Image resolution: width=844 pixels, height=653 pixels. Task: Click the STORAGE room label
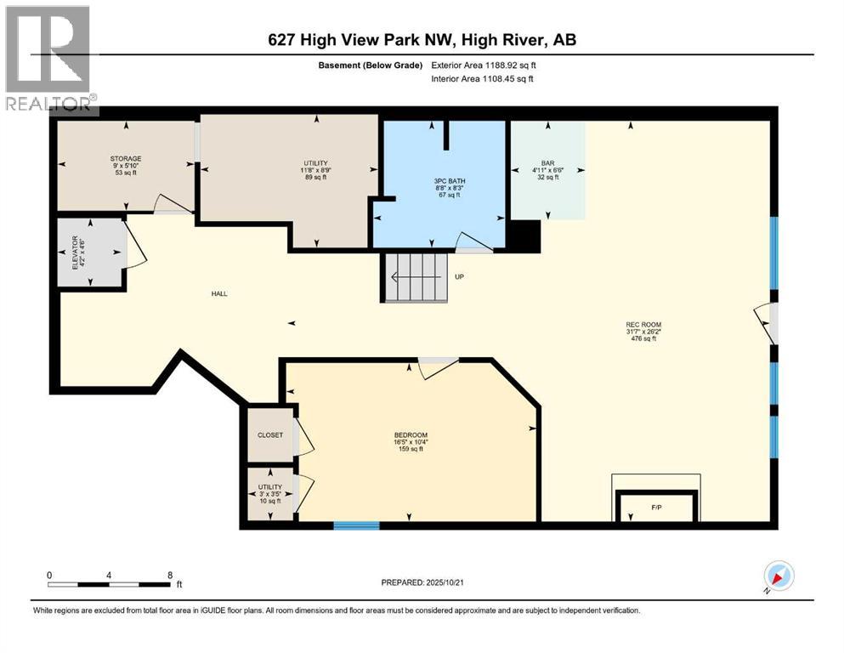tap(126, 159)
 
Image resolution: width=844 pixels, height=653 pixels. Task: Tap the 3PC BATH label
tap(450, 181)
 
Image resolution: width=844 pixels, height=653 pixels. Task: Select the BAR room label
tap(548, 163)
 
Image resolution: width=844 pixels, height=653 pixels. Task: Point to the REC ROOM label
tap(643, 325)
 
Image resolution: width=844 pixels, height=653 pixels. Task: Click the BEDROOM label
tap(411, 435)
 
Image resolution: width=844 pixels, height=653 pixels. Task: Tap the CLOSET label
tap(270, 435)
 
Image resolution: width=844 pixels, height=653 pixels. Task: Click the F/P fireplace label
tap(656, 507)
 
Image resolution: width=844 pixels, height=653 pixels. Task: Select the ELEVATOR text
tap(76, 253)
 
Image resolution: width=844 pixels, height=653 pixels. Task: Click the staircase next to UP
tap(416, 277)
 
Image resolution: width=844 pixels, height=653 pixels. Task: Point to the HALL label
tap(219, 294)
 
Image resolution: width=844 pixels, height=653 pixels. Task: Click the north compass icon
tap(779, 576)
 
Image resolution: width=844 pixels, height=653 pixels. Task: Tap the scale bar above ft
tap(110, 585)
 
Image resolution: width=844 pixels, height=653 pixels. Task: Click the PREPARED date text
tap(422, 582)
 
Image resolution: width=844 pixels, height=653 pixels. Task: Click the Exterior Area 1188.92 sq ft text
tap(484, 65)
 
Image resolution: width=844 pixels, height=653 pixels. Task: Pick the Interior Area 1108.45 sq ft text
tap(482, 78)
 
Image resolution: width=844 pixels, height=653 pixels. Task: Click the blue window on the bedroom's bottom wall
tap(356, 525)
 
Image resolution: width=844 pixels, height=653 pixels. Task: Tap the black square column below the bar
tap(524, 236)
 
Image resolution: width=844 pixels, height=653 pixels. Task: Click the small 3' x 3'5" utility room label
tap(270, 494)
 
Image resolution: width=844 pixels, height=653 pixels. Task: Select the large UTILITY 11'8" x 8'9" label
tap(316, 169)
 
